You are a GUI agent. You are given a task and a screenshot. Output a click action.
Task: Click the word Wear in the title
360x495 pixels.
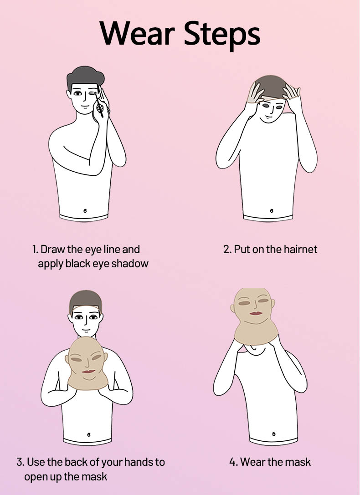click(x=137, y=33)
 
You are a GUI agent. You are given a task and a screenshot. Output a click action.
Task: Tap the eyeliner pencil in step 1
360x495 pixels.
click(x=100, y=101)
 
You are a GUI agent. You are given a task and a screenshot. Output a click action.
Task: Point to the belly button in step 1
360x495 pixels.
click(x=85, y=210)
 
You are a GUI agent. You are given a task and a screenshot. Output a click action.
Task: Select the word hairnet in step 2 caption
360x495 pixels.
click(x=300, y=250)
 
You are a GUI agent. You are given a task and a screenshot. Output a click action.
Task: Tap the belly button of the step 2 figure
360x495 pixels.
click(x=272, y=210)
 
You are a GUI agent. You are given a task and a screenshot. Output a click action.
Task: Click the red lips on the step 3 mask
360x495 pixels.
click(x=88, y=371)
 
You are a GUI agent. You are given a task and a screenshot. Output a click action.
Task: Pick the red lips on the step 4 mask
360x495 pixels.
click(x=256, y=313)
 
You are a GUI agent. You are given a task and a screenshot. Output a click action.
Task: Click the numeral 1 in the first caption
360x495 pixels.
click(x=35, y=250)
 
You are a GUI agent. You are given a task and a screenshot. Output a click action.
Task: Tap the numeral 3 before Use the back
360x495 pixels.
click(x=20, y=462)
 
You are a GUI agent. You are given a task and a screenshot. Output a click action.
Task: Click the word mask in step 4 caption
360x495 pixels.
click(x=300, y=462)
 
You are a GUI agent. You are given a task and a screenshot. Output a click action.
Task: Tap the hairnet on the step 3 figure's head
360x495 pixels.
click(x=86, y=300)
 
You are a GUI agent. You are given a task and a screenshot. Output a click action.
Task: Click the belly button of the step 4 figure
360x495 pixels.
click(x=273, y=434)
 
